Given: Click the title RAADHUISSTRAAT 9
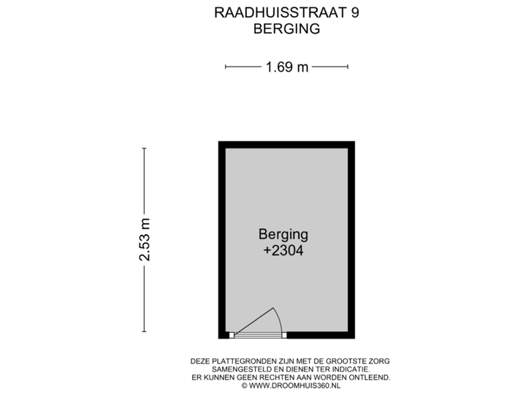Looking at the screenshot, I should (286, 12).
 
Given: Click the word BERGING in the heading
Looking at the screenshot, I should (286, 29).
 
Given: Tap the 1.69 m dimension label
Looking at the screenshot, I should (286, 67).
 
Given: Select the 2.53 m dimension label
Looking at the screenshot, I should (145, 240).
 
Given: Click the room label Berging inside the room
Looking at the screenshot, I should (283, 235).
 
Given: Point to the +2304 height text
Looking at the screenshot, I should (283, 251).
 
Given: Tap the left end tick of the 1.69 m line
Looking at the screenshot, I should (226, 67).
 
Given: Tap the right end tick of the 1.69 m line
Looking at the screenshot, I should (348, 67).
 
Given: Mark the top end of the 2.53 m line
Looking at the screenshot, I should (145, 148).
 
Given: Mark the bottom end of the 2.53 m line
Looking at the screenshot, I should (145, 332).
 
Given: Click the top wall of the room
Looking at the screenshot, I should (286, 144).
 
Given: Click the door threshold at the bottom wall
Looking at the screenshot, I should (259, 336).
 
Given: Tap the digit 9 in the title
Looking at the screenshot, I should (354, 12).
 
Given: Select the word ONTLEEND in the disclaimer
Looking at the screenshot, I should (371, 377).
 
